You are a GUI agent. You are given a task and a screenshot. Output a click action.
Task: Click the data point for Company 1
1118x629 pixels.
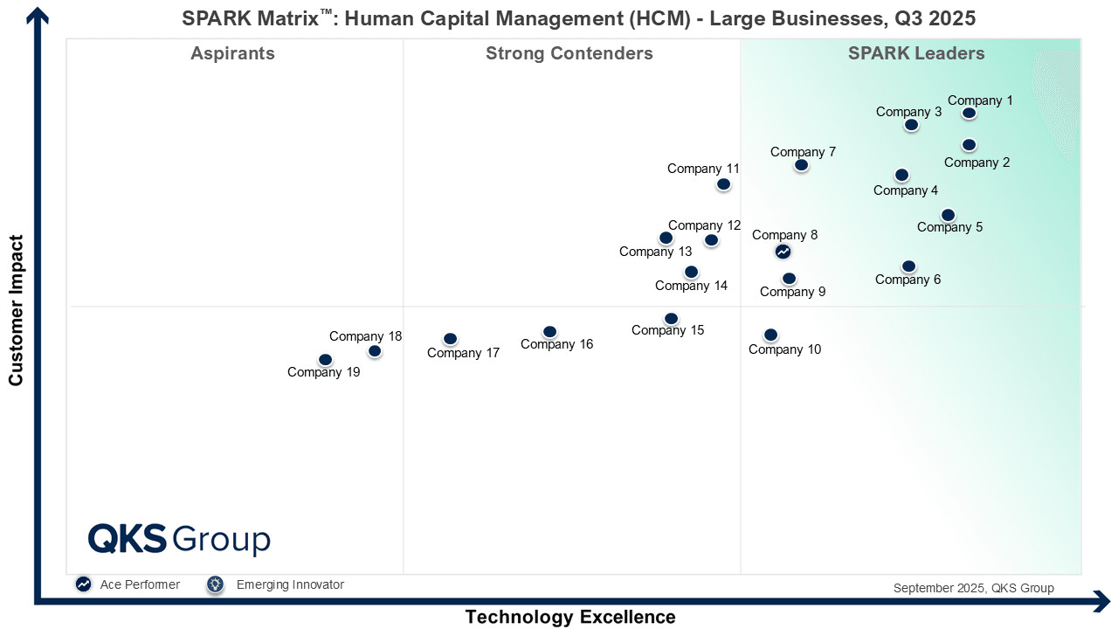coord(969,113)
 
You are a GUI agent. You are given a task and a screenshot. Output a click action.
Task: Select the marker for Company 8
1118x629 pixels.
coord(783,252)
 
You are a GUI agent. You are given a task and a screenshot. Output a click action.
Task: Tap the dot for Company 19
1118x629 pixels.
coord(325,359)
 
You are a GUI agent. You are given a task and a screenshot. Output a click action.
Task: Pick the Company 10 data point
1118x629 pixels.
coord(770,335)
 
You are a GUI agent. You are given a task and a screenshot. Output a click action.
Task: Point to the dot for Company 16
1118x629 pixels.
coord(549,331)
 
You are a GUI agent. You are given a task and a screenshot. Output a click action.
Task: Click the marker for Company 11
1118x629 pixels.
coord(723,184)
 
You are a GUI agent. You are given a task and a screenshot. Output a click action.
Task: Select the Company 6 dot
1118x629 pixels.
coord(909,266)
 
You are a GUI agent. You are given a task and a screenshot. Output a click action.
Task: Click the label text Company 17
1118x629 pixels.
coord(463,353)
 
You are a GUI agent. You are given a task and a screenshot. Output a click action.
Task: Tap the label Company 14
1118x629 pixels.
coord(691,286)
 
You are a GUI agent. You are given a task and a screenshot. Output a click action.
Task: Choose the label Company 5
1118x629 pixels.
coord(949,227)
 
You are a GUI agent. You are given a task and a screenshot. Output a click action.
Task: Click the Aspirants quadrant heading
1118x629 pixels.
coord(232,53)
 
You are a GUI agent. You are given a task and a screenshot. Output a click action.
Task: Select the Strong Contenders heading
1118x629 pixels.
coord(569,53)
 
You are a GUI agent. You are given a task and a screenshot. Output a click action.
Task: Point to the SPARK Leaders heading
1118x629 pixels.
coord(916,53)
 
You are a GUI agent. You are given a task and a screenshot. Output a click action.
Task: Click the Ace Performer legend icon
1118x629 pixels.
coord(83,584)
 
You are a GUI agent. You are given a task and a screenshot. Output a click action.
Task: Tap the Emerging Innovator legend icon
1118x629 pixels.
coord(216,584)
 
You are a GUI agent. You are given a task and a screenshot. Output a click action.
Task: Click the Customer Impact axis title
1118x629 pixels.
coord(16,310)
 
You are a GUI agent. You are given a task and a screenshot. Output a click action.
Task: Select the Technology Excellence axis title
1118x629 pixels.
coord(570,617)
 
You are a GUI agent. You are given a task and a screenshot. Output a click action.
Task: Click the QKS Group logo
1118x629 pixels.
coord(179,539)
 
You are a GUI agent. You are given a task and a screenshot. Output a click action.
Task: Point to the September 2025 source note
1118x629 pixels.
coord(974,588)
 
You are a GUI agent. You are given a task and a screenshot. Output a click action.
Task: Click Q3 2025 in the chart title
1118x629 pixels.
coord(935,18)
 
